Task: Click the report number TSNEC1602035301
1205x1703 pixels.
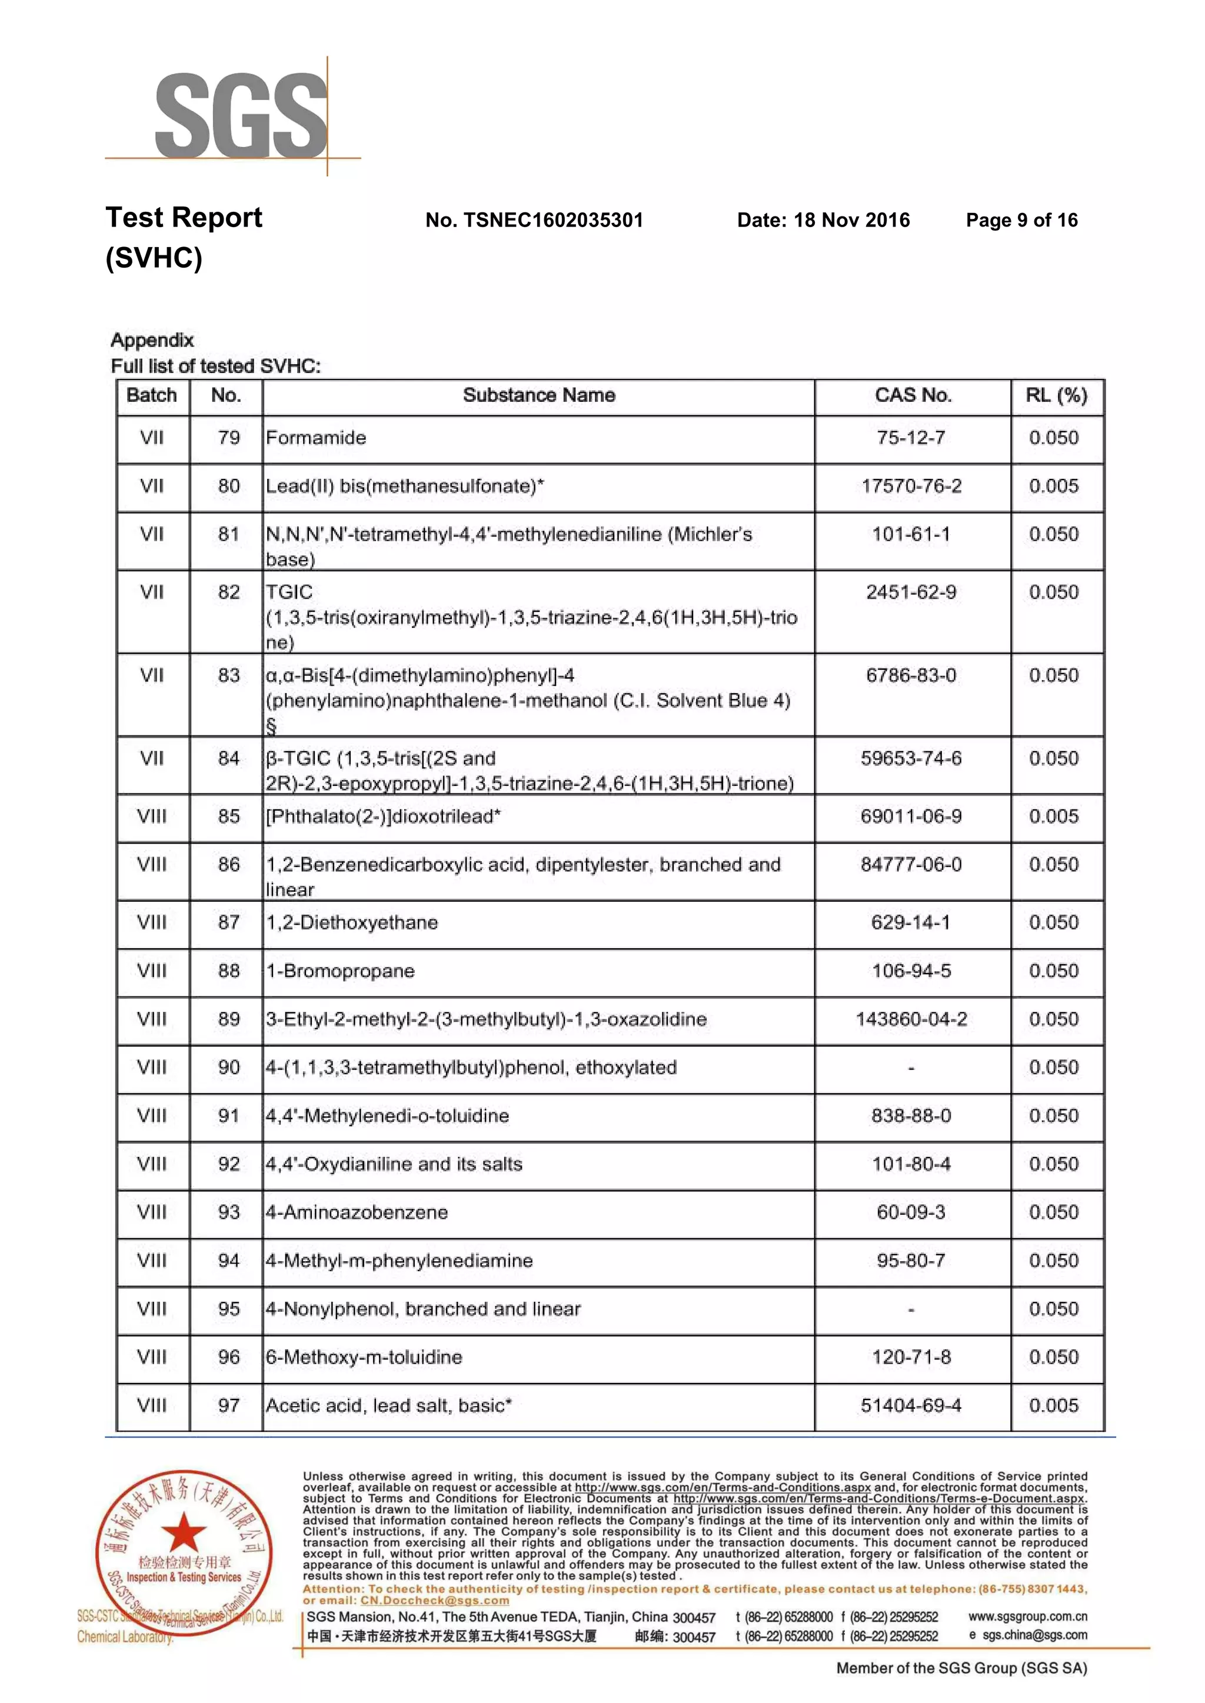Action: pyautogui.click(x=534, y=220)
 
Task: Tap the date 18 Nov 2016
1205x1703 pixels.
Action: pyautogui.click(x=824, y=220)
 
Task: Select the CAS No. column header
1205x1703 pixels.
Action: pyautogui.click(x=912, y=395)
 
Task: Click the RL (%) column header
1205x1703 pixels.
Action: pyautogui.click(x=1056, y=395)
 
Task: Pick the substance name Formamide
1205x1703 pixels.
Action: pyautogui.click(x=316, y=438)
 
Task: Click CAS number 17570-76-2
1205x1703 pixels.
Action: pyautogui.click(x=911, y=486)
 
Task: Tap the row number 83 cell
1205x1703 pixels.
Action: pyautogui.click(x=228, y=676)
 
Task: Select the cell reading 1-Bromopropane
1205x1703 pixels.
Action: pyautogui.click(x=341, y=971)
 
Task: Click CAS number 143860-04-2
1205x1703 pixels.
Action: pyautogui.click(x=911, y=1019)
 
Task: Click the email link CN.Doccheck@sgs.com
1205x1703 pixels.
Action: pyautogui.click(x=435, y=1601)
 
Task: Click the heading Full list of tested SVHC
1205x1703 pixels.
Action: pyautogui.click(x=215, y=366)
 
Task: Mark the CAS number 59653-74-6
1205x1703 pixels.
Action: pyautogui.click(x=911, y=758)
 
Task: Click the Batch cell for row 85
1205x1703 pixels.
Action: pyautogui.click(x=152, y=816)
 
